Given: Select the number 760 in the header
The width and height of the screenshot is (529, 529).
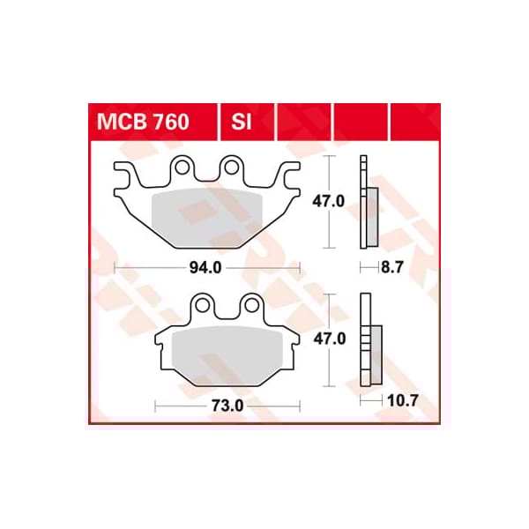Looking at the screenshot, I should [168, 122].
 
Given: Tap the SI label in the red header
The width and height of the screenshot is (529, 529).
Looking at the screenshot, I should [242, 122].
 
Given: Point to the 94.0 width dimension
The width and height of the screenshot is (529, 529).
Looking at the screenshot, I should [205, 269].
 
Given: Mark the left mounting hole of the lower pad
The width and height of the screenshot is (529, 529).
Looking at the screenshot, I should [204, 305].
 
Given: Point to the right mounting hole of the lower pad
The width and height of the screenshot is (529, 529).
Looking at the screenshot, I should [250, 305].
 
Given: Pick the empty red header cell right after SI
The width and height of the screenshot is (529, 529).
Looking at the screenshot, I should [303, 122].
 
